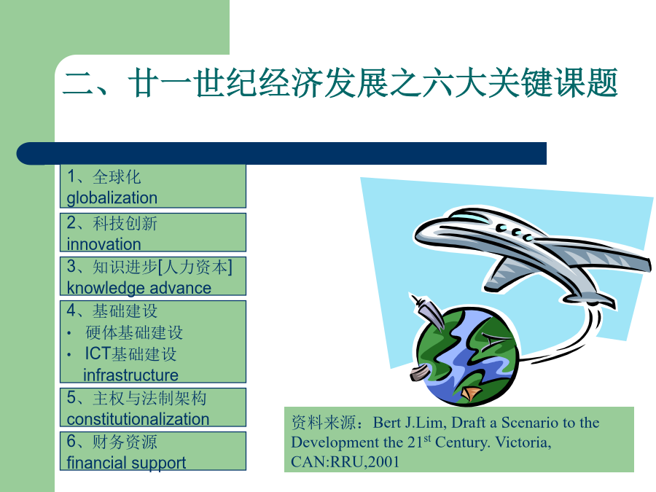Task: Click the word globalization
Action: coord(112,198)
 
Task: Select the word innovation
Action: coord(104,244)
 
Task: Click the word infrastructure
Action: coord(130,375)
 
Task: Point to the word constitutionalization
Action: coord(138,419)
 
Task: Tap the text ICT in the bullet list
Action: coord(98,354)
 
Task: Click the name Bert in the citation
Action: coord(386,423)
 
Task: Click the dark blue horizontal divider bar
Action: coord(281,154)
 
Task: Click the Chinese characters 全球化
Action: coord(117,177)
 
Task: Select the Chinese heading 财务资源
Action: coord(125,442)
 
